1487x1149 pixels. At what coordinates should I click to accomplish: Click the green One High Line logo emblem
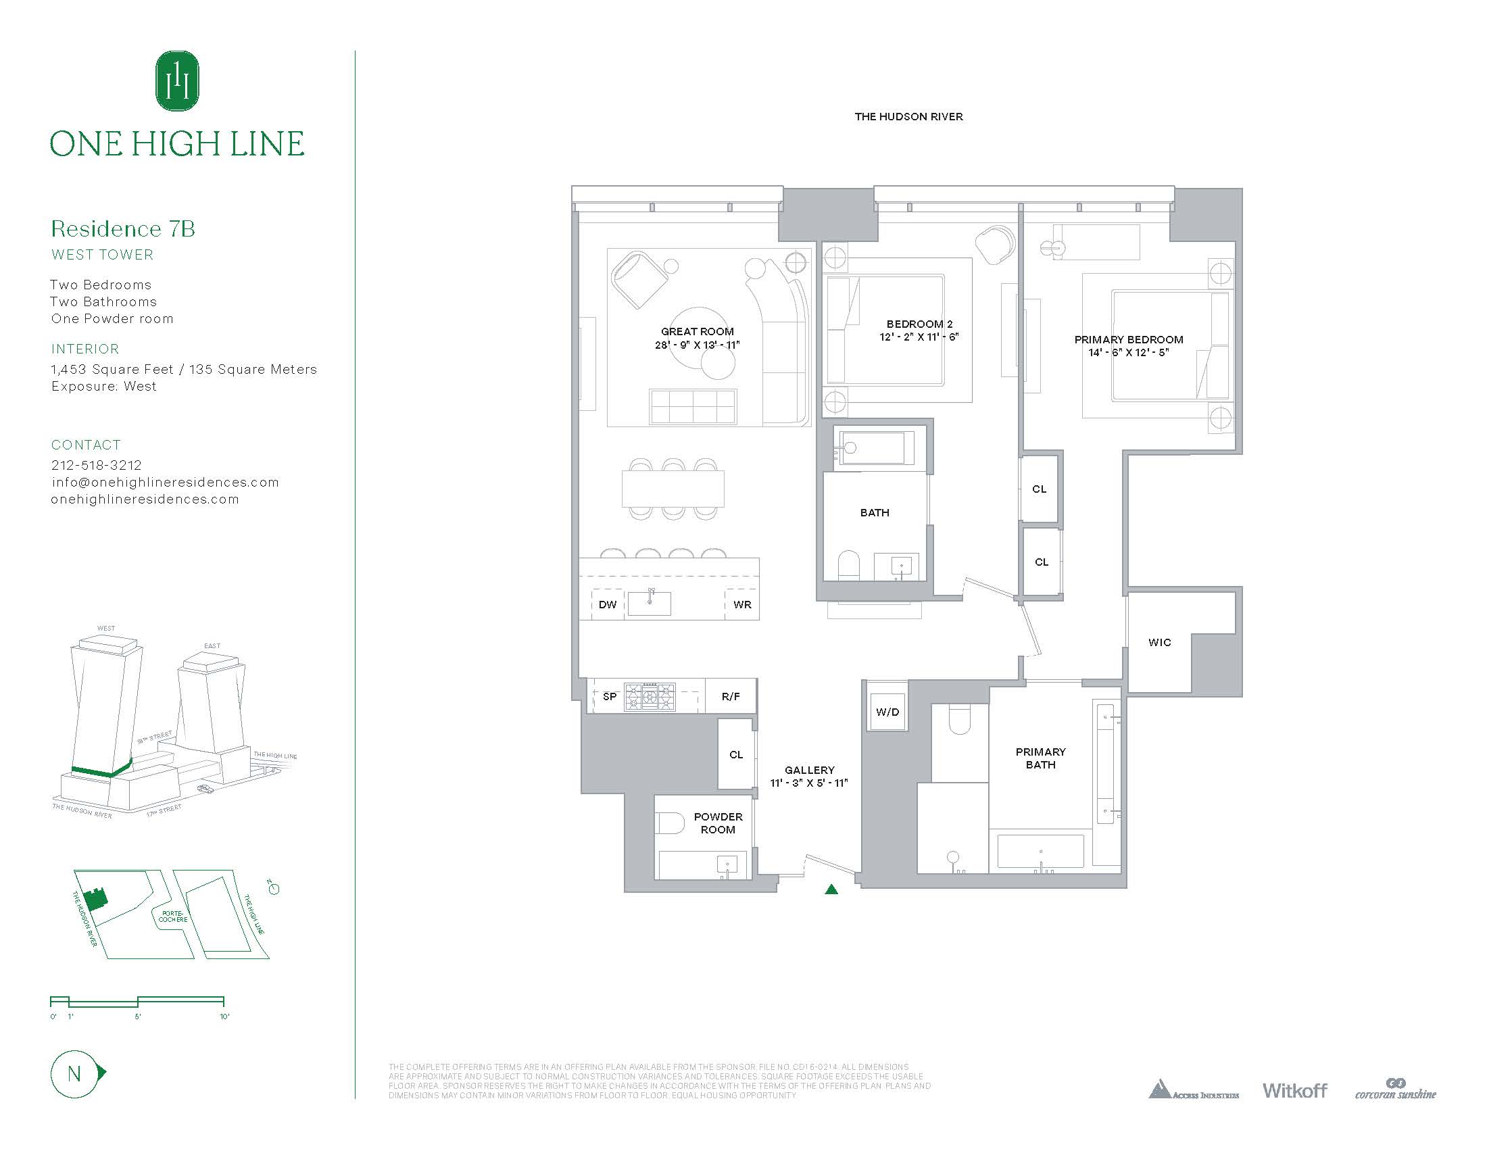pyautogui.click(x=177, y=81)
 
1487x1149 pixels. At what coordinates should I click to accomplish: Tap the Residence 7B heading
pyautogui.click(x=123, y=228)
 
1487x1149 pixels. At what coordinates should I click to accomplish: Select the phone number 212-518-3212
pyautogui.click(x=97, y=465)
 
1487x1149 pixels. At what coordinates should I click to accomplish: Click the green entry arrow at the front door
pyautogui.click(x=831, y=888)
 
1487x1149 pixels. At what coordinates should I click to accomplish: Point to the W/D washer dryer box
pyautogui.click(x=887, y=712)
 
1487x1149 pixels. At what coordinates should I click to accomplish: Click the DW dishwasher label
pyautogui.click(x=608, y=604)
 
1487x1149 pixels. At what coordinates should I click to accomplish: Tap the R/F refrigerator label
pyautogui.click(x=731, y=696)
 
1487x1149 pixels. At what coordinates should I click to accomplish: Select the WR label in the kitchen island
pyautogui.click(x=742, y=604)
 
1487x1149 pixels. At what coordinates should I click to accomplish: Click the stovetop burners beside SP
pyautogui.click(x=650, y=696)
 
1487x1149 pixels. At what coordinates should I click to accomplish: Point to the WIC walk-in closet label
pyautogui.click(x=1159, y=642)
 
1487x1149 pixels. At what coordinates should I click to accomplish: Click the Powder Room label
pyautogui.click(x=718, y=823)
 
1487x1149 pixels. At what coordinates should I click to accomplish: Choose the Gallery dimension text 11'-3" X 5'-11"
pyautogui.click(x=809, y=783)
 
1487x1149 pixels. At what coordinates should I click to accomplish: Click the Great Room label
pyautogui.click(x=698, y=331)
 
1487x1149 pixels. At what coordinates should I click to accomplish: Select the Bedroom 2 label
pyautogui.click(x=919, y=324)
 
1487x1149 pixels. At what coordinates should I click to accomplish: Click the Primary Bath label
pyautogui.click(x=1040, y=758)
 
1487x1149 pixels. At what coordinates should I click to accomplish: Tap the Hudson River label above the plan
pyautogui.click(x=908, y=117)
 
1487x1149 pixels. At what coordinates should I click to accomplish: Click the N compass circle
pyautogui.click(x=74, y=1074)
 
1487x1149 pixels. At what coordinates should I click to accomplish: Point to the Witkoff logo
pyautogui.click(x=1294, y=1110)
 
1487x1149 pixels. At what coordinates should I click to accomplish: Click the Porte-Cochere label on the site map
pyautogui.click(x=173, y=916)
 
